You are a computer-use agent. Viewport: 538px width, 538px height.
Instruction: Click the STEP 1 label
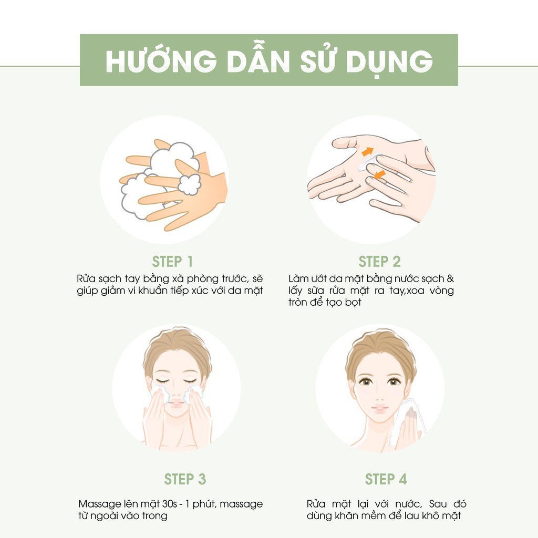pos(172,262)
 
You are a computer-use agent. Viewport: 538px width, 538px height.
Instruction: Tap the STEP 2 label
pos(379,262)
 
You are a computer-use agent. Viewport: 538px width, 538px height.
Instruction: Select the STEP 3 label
pos(184,479)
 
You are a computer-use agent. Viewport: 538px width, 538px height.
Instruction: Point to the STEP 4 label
pos(386,479)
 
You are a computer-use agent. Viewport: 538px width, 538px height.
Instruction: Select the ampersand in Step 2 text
pos(450,278)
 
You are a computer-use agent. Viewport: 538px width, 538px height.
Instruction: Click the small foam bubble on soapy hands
pos(188,184)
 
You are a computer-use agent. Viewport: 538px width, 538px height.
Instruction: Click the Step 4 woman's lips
pos(379,408)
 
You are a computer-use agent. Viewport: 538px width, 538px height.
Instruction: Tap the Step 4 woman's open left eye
pos(394,381)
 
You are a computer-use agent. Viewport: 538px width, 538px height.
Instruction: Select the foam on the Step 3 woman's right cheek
pos(159,395)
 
